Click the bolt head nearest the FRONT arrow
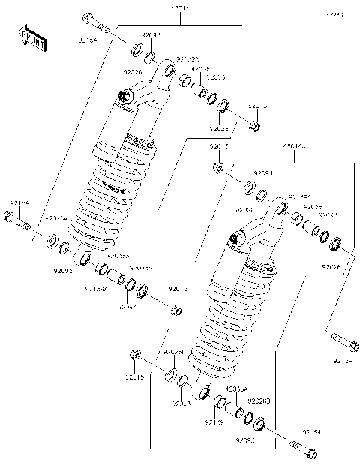tap(88, 18)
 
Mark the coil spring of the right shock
tap(217, 330)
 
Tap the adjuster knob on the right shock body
tap(240, 239)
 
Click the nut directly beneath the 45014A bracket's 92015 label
tap(217, 166)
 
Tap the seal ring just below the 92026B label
tap(171, 374)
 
